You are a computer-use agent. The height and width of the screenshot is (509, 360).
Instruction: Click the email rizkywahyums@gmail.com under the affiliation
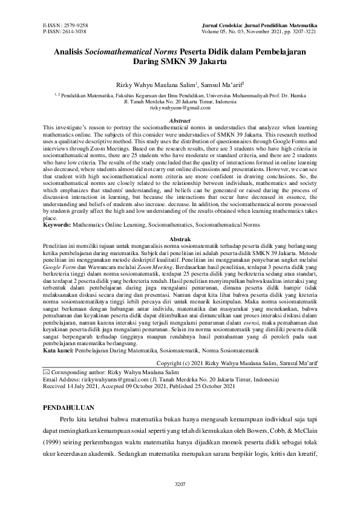(179, 108)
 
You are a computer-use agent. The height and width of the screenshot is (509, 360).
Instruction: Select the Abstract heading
(179, 121)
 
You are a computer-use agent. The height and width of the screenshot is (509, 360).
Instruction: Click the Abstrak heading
(179, 239)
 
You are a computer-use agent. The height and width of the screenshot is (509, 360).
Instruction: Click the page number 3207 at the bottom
(180, 484)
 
